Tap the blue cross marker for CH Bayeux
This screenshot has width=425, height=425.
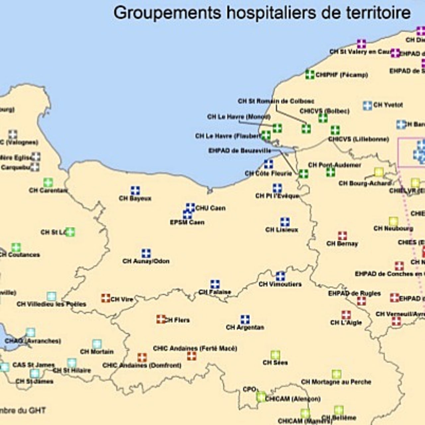[x=135, y=191]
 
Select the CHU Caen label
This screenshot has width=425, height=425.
[x=211, y=208]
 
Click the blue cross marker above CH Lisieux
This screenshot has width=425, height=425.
[x=285, y=222]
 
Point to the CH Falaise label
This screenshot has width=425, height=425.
[x=215, y=292]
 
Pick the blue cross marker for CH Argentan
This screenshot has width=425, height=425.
[x=245, y=319]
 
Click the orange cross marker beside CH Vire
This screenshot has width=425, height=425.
[x=106, y=298]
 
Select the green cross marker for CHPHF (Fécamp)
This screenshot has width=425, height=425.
[x=310, y=74]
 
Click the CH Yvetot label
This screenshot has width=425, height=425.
[x=388, y=105]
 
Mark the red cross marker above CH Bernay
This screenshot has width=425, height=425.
[x=342, y=236]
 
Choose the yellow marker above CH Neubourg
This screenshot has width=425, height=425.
[x=393, y=221]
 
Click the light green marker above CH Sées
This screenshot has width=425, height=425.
[x=275, y=355]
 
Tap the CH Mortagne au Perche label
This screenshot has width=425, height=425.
[x=336, y=382]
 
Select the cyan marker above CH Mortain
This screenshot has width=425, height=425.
[x=97, y=344]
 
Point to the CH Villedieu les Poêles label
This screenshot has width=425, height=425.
[x=51, y=304]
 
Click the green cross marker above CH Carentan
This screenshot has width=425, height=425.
[x=48, y=182]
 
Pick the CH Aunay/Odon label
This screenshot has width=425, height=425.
[x=146, y=261]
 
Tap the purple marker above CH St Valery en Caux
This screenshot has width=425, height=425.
[x=361, y=44]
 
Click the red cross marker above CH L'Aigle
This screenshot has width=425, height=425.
[x=346, y=315]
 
